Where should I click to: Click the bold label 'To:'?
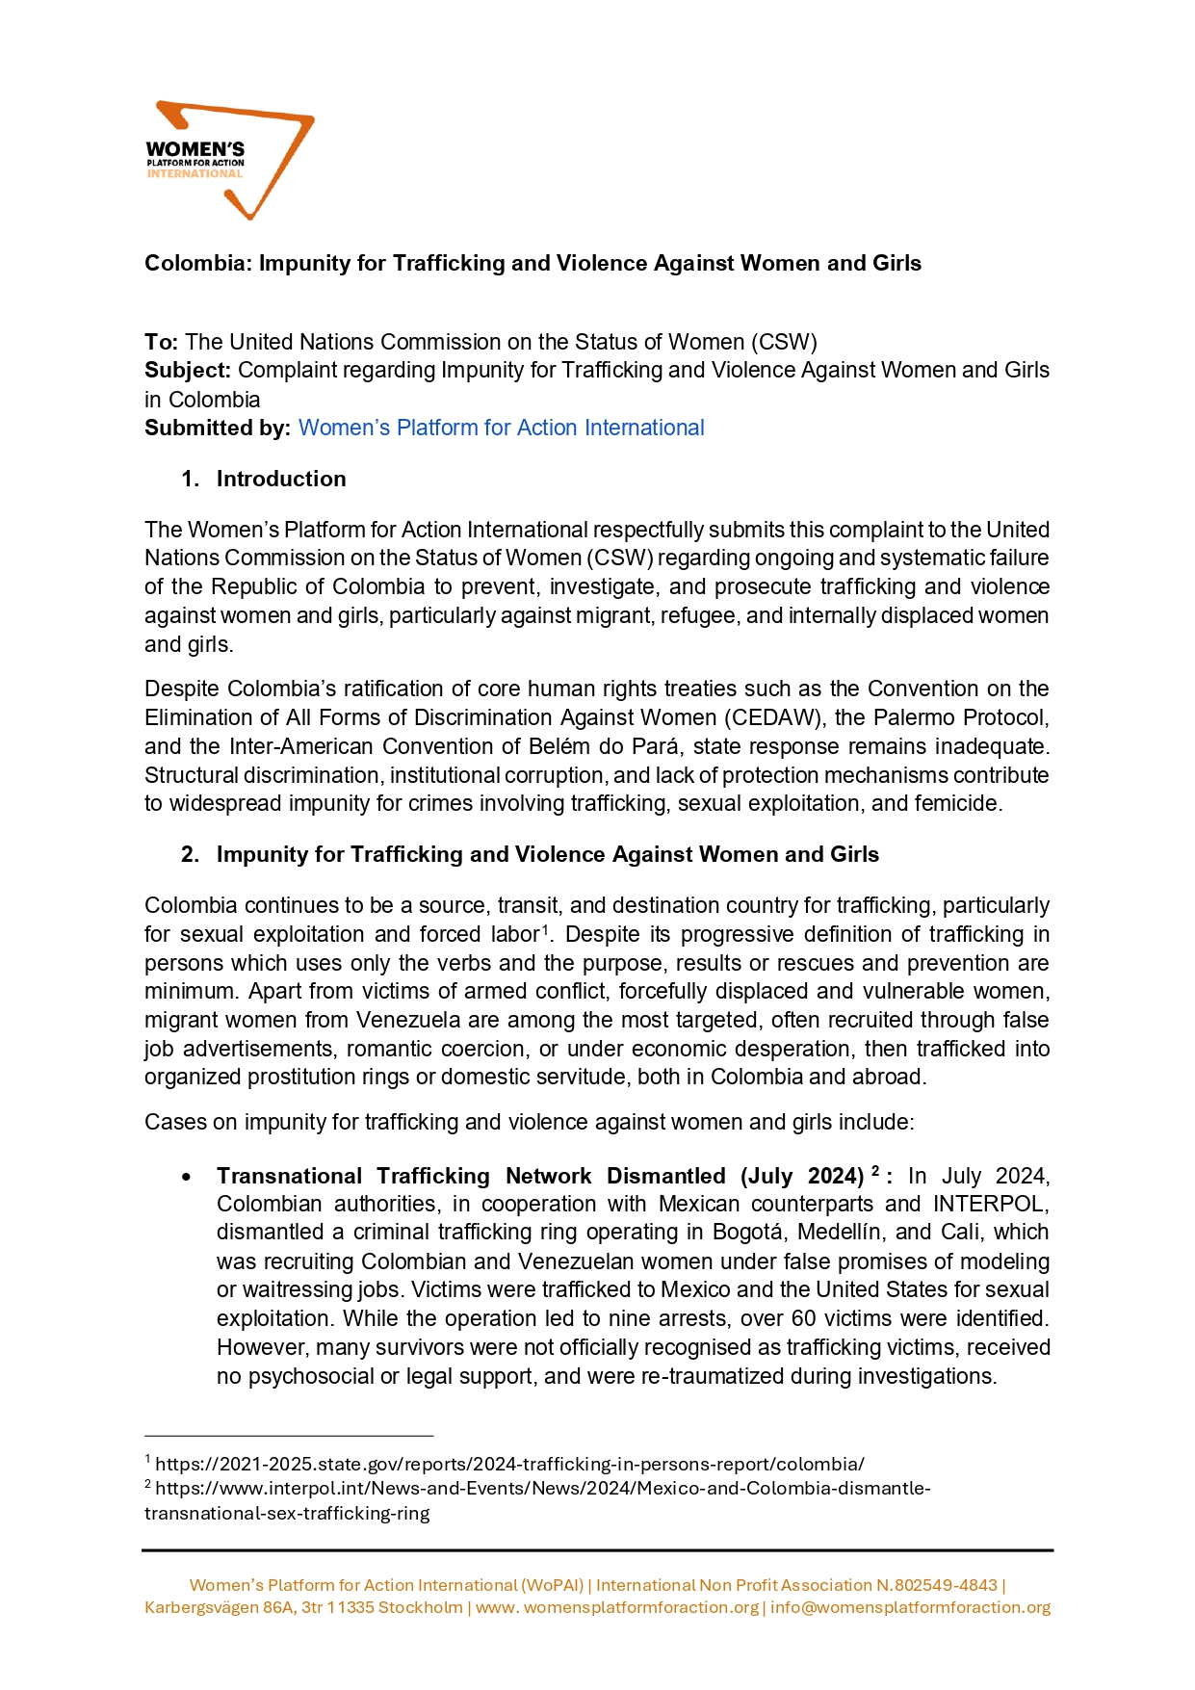(161, 342)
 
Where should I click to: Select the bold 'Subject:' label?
(188, 371)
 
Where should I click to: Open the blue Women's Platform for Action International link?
(501, 428)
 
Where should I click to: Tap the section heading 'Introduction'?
(280, 479)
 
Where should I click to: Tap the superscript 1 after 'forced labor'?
(545, 929)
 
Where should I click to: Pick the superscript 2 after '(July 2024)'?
(875, 1171)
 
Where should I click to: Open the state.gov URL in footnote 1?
(509, 1464)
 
